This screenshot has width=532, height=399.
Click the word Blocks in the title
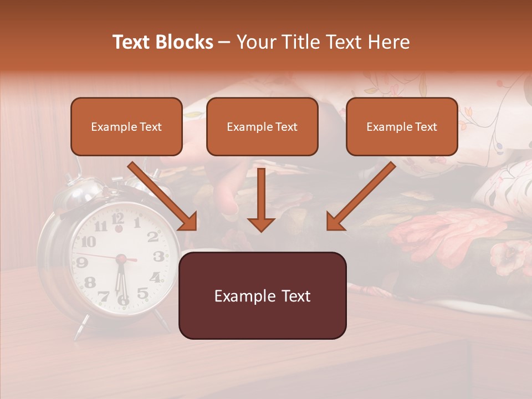(x=185, y=42)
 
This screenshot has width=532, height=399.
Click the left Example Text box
(x=126, y=126)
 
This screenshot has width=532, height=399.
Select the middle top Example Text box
(x=262, y=126)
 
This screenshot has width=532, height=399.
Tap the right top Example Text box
(x=402, y=126)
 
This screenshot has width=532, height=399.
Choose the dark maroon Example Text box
(x=262, y=295)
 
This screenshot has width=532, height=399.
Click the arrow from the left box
(x=163, y=197)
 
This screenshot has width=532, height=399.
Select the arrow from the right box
(x=360, y=197)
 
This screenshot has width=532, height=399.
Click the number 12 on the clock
(x=117, y=217)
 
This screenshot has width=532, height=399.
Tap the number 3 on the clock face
(x=158, y=256)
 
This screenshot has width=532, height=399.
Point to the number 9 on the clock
(x=81, y=262)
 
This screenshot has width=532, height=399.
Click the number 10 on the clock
(x=88, y=242)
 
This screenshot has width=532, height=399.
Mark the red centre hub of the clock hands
(x=119, y=258)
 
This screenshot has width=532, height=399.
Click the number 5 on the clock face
(x=142, y=293)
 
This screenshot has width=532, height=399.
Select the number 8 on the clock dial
(x=90, y=282)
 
